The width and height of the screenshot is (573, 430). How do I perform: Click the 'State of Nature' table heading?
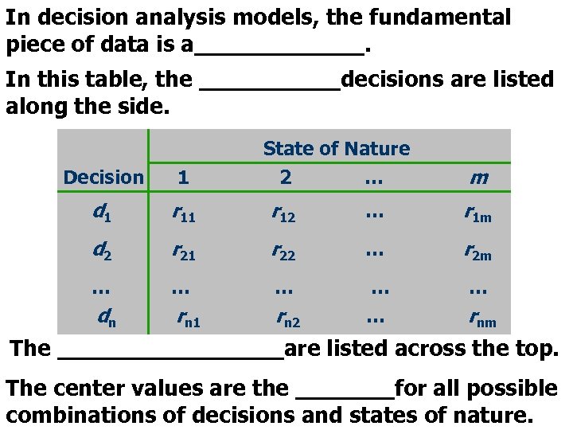336,148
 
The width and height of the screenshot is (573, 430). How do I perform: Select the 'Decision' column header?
103,178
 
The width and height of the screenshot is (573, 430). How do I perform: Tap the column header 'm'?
478,178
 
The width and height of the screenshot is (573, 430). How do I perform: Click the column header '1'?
183,178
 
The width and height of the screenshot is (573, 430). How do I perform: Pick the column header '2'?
286,177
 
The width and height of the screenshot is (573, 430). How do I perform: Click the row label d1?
102,213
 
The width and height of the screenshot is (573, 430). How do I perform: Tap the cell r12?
284,213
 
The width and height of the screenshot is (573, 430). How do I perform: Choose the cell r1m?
478,213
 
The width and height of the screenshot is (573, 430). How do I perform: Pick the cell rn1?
189,320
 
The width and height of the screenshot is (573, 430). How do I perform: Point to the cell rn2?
287,320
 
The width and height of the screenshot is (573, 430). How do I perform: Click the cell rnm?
482,320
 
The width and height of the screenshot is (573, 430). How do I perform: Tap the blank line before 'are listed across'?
170,350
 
